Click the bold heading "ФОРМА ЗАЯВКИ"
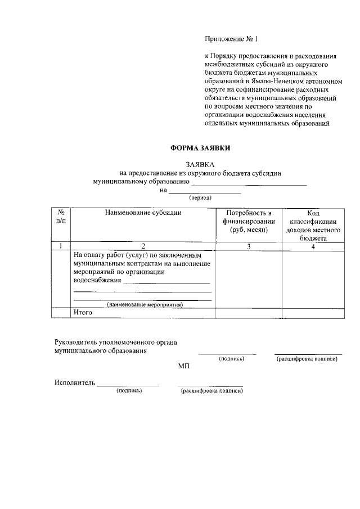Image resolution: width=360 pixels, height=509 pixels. [200, 148]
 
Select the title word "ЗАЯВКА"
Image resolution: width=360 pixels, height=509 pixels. [200, 164]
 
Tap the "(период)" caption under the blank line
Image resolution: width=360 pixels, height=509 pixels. [200, 198]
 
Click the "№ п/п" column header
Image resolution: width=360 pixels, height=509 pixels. [61, 217]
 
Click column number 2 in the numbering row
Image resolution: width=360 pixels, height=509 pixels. [143, 246]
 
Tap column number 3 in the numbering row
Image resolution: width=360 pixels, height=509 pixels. [249, 246]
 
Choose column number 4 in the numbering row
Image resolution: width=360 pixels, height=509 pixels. [313, 246]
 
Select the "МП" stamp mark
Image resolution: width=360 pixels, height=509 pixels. [184, 366]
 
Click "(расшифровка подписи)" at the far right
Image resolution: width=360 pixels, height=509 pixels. [307, 359]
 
